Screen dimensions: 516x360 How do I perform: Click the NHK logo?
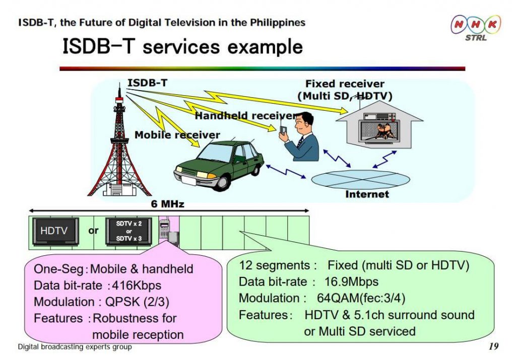click(476, 28)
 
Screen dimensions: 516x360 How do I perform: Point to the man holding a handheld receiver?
click(299, 136)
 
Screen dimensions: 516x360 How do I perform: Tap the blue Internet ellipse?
click(360, 180)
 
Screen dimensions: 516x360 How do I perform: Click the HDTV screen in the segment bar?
click(55, 232)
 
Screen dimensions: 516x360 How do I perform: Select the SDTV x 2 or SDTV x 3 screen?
click(128, 232)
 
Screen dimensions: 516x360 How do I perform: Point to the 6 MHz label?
click(167, 204)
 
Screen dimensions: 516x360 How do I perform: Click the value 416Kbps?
click(137, 285)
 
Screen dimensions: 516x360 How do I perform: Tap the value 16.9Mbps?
click(351, 282)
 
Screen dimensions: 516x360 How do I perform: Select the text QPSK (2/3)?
click(137, 302)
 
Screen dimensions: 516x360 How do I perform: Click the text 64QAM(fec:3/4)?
click(361, 298)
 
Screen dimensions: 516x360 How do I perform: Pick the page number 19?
click(493, 346)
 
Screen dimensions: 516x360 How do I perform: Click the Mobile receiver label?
click(177, 135)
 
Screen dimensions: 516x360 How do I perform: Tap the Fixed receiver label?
click(345, 84)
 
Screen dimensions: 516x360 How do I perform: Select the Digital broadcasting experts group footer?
click(75, 347)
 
